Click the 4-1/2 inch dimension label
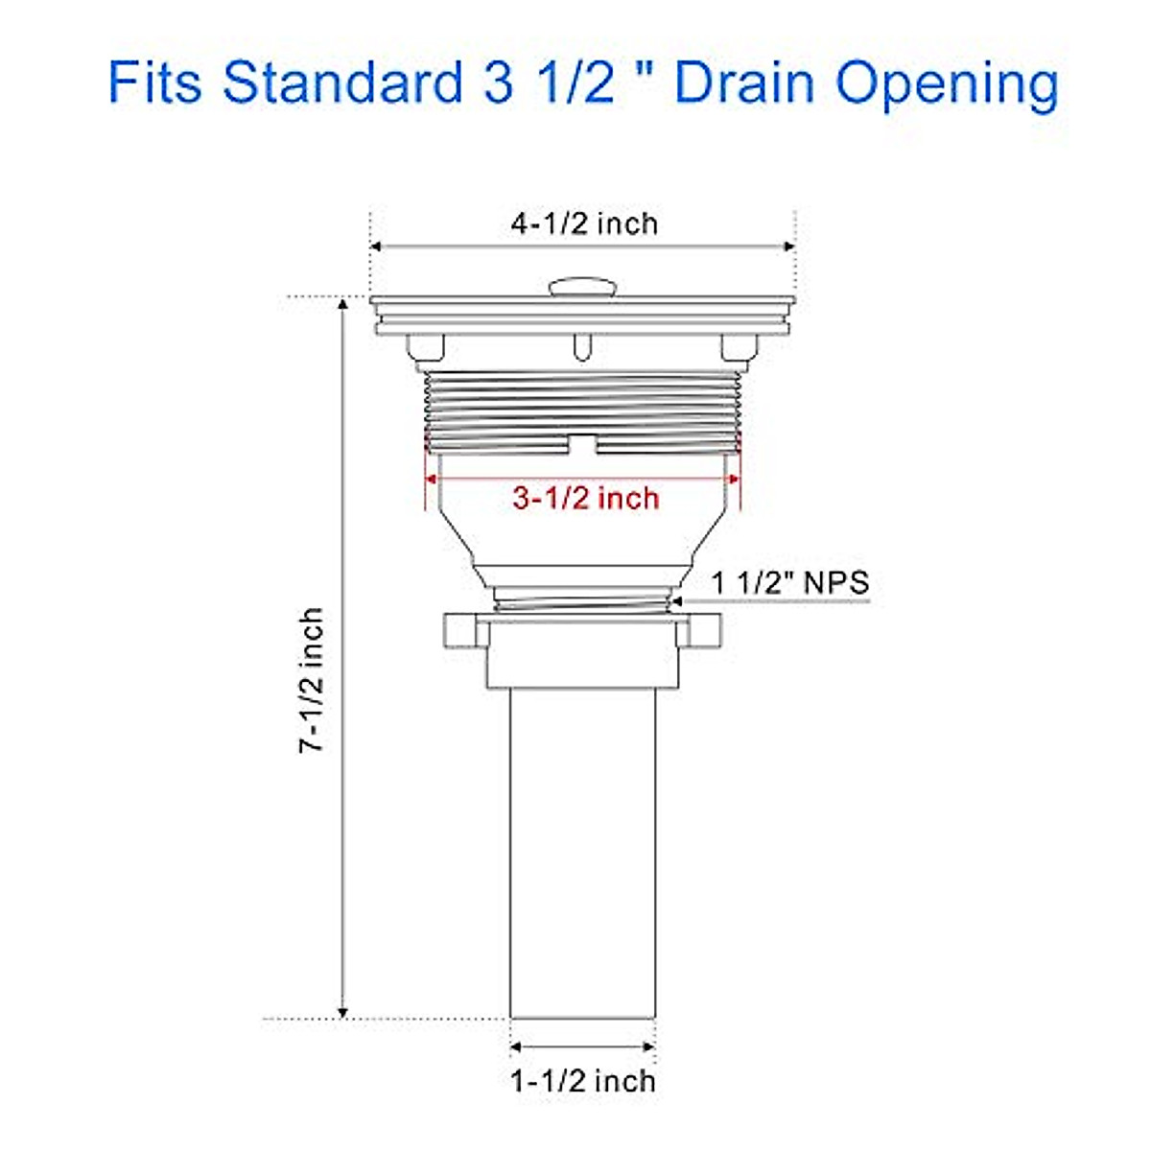click(x=584, y=223)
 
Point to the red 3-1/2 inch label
click(x=585, y=498)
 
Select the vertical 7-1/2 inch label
click(x=312, y=678)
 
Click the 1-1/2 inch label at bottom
click(x=582, y=1081)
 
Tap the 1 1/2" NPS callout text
click(x=789, y=582)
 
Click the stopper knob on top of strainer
click(x=582, y=287)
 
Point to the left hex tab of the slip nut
click(x=459, y=630)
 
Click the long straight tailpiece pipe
click(x=582, y=854)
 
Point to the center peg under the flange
click(x=582, y=346)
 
